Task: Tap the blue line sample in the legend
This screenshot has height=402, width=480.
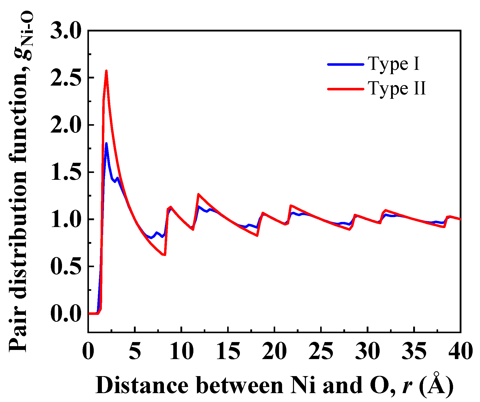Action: point(346,64)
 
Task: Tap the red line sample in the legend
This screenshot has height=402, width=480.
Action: point(346,89)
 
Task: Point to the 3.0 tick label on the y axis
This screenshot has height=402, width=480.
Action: point(65,31)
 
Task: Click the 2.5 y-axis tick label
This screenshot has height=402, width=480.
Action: point(65,78)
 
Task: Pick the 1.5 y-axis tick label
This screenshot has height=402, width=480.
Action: point(65,172)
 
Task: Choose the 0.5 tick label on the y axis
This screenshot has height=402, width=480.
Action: point(65,266)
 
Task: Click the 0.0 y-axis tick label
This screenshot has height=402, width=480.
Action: point(65,314)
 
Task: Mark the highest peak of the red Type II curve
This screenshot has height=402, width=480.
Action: point(106,71)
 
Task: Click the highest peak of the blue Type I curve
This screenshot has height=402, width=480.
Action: point(106,143)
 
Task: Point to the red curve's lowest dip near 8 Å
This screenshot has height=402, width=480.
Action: point(165,255)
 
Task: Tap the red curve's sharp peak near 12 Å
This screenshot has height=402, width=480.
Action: point(198,194)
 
